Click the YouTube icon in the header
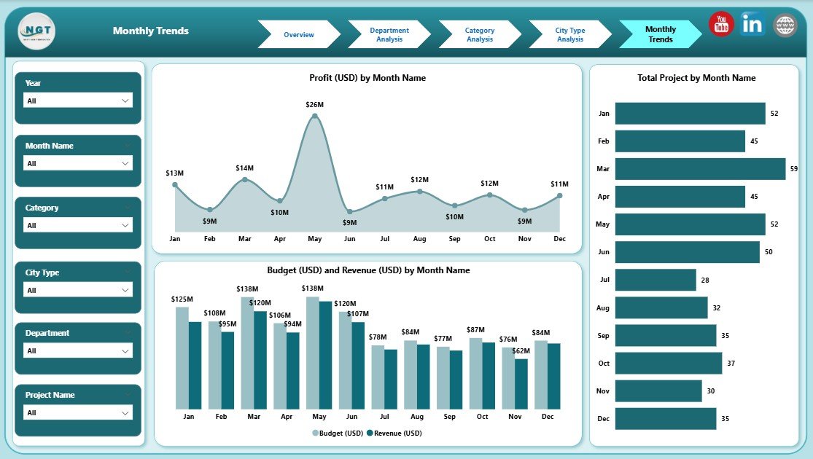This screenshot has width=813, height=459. (721, 24)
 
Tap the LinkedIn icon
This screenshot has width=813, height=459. (752, 24)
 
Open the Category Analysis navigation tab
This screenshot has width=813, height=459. (479, 34)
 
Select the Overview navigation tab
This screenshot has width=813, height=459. (298, 34)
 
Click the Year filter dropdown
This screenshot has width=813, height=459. (78, 101)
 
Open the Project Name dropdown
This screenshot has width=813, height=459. (78, 412)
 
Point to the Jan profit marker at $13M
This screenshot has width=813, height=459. (175, 184)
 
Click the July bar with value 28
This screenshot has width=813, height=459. (656, 280)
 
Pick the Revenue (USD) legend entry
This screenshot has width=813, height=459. (394, 433)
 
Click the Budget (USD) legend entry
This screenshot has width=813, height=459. (338, 433)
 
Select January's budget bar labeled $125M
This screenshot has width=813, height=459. (182, 357)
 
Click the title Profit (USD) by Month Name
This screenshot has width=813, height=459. (367, 78)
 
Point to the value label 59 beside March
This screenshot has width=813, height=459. (794, 169)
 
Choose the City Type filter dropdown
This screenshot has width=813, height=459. (78, 290)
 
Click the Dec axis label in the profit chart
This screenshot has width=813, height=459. (559, 238)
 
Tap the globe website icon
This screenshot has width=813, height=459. (785, 25)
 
